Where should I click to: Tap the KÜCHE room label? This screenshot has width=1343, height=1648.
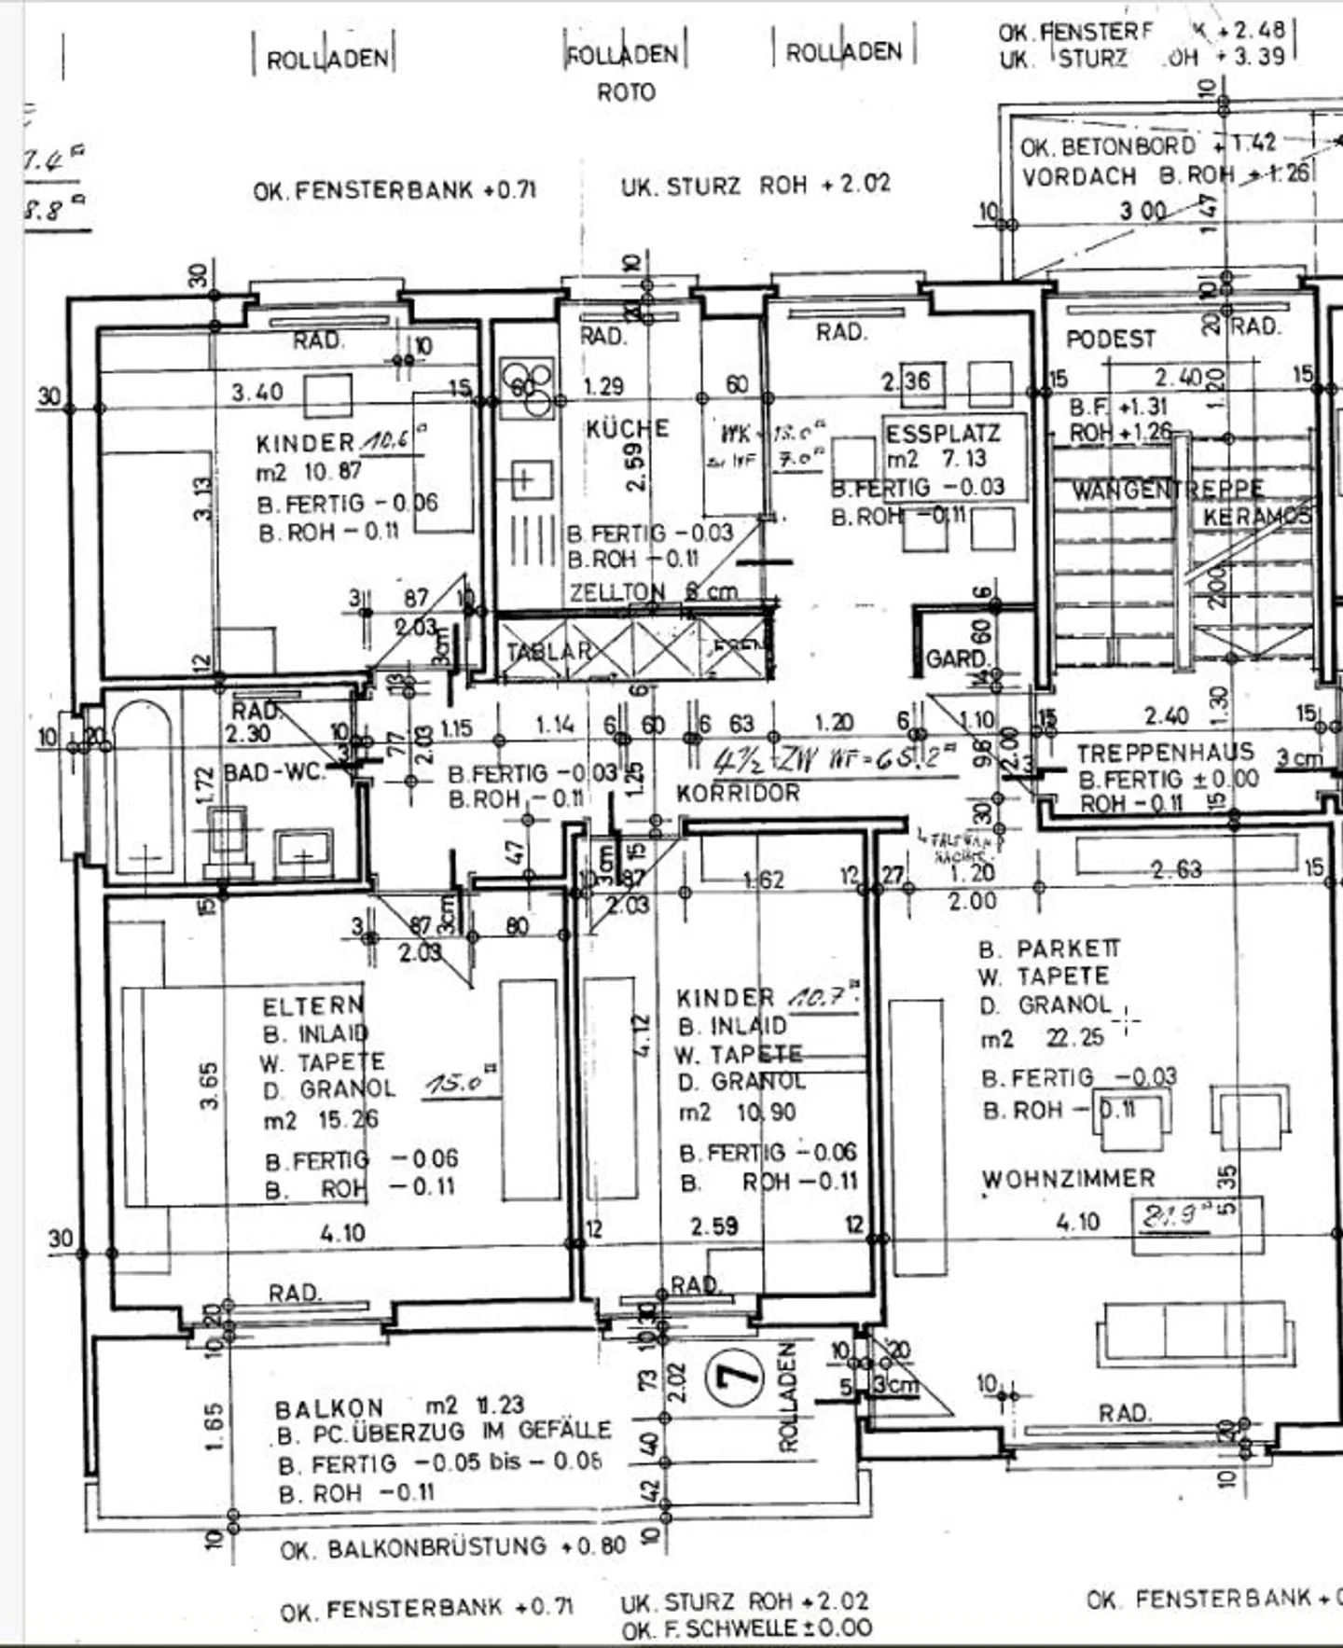coord(627,429)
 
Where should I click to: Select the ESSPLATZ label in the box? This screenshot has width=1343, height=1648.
coord(942,434)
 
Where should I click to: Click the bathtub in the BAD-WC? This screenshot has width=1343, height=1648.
coord(144,789)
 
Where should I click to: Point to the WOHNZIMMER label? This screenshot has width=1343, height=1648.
coord(1068,1179)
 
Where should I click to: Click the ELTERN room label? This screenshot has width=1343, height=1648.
coord(312,1006)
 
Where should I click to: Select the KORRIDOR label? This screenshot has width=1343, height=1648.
coord(738,794)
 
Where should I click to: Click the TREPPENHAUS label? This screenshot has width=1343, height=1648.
coord(1165,754)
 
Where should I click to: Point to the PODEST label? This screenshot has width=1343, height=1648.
coord(1110,339)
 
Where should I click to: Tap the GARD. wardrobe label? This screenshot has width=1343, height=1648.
coord(956,659)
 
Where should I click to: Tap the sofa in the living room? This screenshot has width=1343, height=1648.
coord(1195,1334)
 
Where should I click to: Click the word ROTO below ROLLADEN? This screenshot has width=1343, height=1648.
coord(626,92)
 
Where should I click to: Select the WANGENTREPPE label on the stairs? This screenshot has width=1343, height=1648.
coord(1166,490)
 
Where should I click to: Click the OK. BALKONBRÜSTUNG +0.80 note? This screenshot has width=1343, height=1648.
coord(452,1546)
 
